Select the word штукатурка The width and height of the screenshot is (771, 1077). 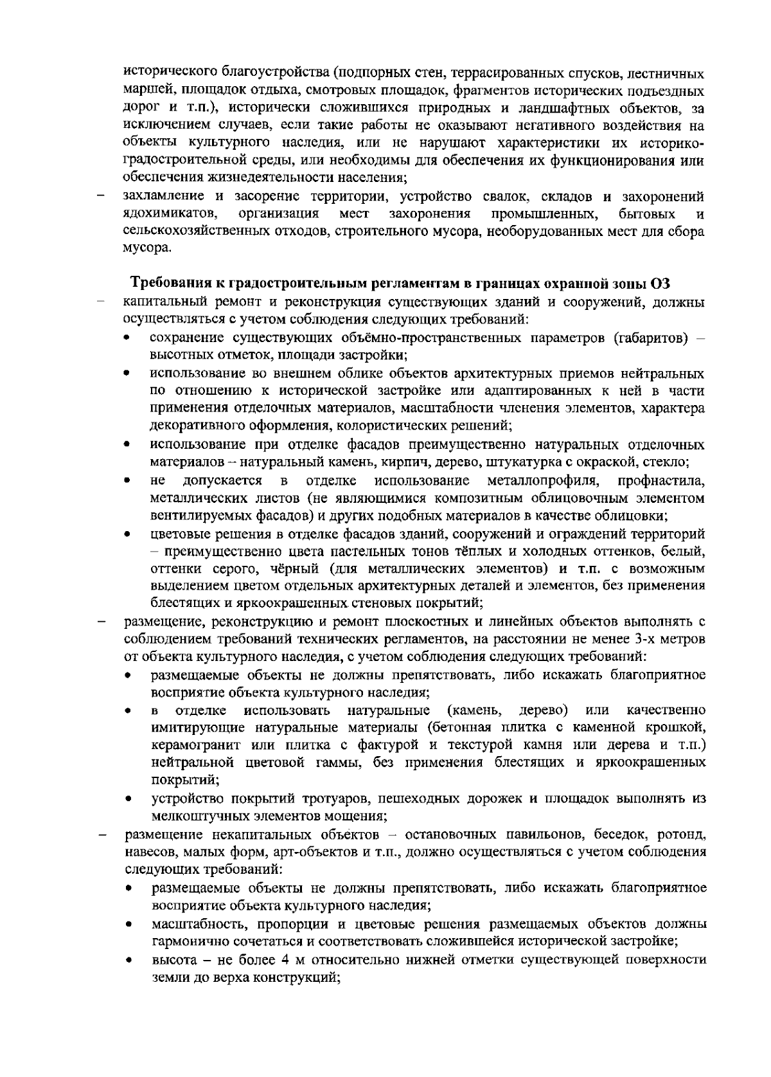[522, 463]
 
